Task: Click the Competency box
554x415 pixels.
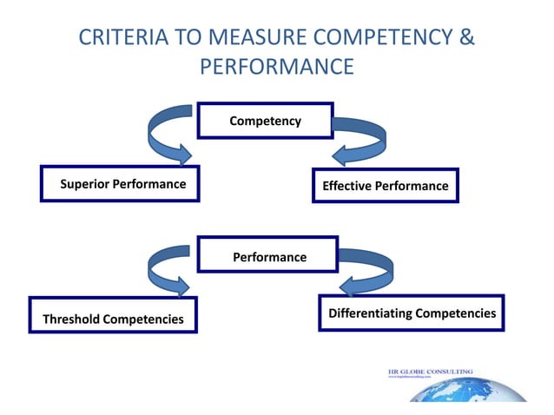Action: pyautogui.click(x=265, y=121)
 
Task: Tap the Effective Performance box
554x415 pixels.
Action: pyautogui.click(x=385, y=186)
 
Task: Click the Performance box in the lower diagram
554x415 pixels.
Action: pyautogui.click(x=269, y=257)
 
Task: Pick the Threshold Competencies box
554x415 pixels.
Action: pyautogui.click(x=113, y=319)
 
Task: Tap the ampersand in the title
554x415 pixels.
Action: pyautogui.click(x=467, y=39)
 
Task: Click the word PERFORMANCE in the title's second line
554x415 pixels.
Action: pyautogui.click(x=277, y=67)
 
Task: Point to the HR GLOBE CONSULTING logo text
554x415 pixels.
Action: pyautogui.click(x=430, y=372)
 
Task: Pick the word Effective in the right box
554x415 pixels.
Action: pyautogui.click(x=347, y=186)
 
